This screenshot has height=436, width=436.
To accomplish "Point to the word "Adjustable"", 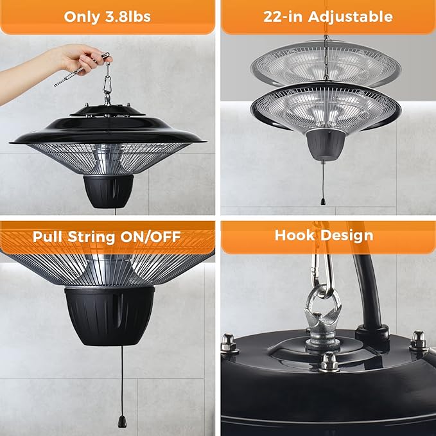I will [x=352, y=17].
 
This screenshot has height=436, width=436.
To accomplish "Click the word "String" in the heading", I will [x=94, y=237].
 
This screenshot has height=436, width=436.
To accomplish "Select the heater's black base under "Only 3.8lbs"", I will [x=108, y=191].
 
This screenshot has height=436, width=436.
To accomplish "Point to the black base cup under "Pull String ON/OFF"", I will [x=109, y=315].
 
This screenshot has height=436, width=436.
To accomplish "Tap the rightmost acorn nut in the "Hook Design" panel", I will [x=419, y=339].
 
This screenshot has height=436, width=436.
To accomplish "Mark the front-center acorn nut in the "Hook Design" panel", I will [x=329, y=362].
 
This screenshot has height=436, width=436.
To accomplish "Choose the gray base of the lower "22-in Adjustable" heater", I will [x=324, y=146].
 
